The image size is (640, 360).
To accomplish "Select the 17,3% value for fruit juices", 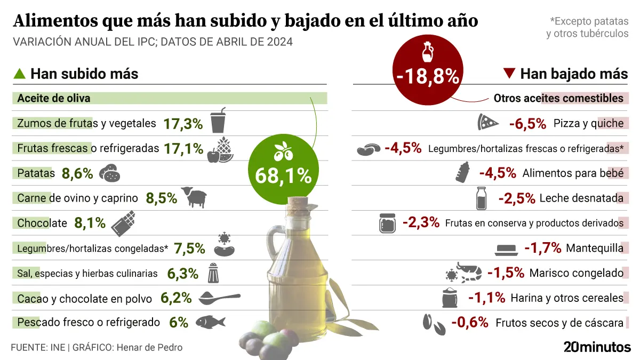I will coord(183,124).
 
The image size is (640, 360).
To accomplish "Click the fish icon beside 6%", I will coord(210,322).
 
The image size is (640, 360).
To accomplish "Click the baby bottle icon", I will coord(463,172).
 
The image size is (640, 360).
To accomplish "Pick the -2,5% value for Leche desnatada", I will coord(516,198).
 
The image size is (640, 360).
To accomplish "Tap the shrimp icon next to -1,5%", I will coord(469,273).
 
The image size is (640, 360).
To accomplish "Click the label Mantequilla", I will coord(594,248).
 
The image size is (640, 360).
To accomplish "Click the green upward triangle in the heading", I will coord(19,74).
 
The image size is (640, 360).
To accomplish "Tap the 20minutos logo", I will coord(597,347).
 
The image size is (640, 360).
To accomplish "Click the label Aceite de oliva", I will coord(54,99).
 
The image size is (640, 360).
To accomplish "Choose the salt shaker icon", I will coord(214,273).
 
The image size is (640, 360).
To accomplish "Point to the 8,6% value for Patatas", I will coord(77,173).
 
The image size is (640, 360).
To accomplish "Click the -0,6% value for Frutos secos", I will coord(470,322).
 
